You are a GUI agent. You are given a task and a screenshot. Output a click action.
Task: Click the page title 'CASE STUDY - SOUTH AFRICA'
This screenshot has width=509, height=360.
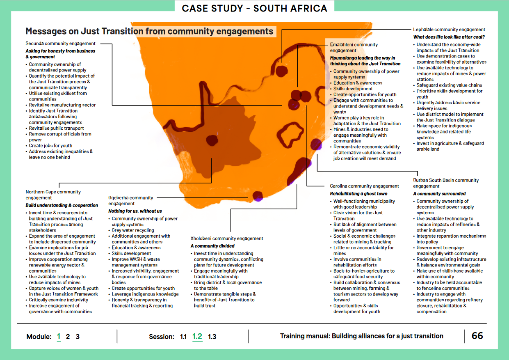point(254,8)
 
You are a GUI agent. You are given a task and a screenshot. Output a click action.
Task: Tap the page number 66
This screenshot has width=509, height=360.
point(477,336)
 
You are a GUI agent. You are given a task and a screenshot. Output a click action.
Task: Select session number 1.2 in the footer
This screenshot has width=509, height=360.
point(197,336)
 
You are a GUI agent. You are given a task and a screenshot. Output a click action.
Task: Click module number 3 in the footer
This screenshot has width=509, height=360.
point(78,337)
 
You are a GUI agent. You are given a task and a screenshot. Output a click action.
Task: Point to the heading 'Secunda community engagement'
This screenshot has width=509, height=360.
point(60,43)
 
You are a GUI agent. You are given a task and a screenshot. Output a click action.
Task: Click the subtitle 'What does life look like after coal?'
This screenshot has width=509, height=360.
point(449,37)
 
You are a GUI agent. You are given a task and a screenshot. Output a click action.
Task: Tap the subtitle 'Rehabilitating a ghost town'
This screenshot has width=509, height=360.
point(358,193)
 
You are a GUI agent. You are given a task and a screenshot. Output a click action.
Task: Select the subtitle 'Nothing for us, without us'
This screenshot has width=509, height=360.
point(135,211)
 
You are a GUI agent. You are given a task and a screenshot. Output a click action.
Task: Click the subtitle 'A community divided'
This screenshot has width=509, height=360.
point(212,246)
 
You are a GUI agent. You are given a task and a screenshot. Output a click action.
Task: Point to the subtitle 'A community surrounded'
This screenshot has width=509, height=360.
point(439,193)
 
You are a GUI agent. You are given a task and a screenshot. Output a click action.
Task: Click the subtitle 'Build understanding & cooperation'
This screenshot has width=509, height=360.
point(62,205)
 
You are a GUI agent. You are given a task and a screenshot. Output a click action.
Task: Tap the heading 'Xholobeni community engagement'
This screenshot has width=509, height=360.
point(226,238)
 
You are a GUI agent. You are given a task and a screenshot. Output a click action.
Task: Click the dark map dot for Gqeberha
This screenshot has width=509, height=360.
point(258,196)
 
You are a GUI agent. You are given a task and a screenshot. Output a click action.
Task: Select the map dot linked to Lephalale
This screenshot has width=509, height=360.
point(282,71)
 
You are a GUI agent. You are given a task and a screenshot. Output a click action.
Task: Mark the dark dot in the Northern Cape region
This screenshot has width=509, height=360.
point(212,140)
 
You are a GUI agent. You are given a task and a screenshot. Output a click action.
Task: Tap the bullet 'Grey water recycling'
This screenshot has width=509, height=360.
point(133,230)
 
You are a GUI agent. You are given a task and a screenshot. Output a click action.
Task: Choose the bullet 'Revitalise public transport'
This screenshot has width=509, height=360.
point(56,128)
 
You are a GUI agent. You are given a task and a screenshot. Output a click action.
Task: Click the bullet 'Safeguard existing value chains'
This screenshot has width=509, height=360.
point(449,85)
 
